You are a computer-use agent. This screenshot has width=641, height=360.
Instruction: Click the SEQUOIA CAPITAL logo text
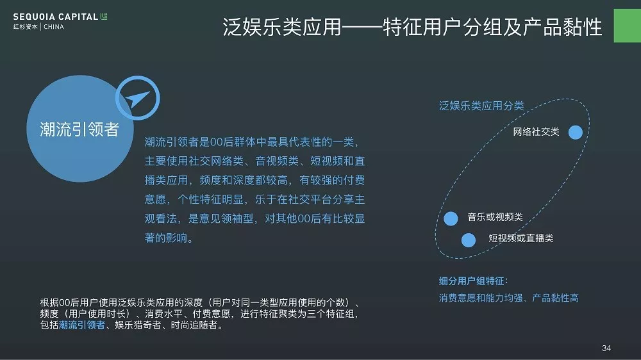[x=56, y=17]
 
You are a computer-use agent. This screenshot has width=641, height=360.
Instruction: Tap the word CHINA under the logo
[x=54, y=27]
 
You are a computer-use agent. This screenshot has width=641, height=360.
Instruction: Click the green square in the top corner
[x=628, y=26]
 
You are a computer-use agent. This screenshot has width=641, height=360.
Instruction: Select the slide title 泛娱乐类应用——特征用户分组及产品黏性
[x=412, y=27]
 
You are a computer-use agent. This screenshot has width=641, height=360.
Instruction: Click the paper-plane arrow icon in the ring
[x=137, y=99]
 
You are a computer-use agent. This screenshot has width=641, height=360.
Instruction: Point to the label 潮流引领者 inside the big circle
[x=79, y=129]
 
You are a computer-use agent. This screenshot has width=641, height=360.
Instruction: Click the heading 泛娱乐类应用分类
[x=481, y=106]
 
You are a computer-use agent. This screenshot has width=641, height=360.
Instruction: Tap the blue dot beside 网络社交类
[x=575, y=132]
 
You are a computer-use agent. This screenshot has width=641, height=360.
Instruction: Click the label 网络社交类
[x=536, y=131]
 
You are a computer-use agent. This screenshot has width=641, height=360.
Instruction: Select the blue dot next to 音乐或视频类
[x=451, y=218]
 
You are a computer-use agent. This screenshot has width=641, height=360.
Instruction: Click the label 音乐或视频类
[x=495, y=217]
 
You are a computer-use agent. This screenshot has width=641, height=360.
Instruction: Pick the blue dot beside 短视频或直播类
[x=469, y=240]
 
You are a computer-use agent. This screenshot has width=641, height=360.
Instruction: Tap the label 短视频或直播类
[x=520, y=238]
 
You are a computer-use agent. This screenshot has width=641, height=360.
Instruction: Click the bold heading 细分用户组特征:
[x=474, y=281]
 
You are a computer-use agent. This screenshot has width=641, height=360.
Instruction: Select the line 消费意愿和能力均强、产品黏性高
[x=508, y=298]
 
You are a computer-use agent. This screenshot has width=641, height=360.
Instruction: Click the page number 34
[x=606, y=348]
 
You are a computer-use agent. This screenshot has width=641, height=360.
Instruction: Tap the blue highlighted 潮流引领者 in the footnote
[x=82, y=325]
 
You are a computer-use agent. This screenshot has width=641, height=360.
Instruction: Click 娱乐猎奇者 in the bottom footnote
[x=138, y=325]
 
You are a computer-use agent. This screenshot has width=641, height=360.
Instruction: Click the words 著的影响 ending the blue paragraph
[x=166, y=238]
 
